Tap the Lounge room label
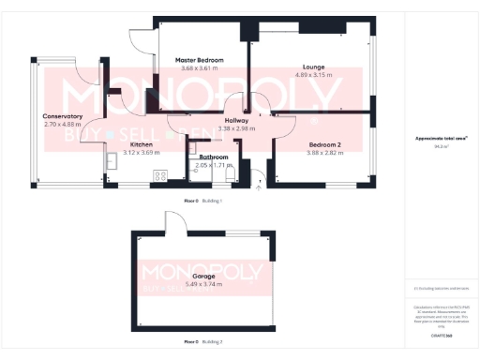[x=313, y=67]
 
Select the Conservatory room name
[x=63, y=116]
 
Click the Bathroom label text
[x=214, y=157]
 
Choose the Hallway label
[x=236, y=121]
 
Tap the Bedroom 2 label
[x=325, y=144]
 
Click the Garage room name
[x=203, y=277]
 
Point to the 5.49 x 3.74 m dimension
[x=203, y=284]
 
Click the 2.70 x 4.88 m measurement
[x=63, y=124]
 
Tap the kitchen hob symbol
[x=159, y=174]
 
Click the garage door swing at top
[x=175, y=220]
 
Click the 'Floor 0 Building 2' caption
[x=202, y=342]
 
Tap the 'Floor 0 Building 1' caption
[x=202, y=201]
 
